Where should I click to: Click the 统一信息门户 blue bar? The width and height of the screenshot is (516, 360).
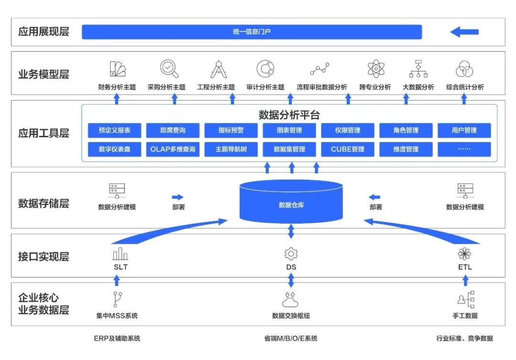point(252,32)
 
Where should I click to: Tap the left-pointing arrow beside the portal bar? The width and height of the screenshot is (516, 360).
point(464,32)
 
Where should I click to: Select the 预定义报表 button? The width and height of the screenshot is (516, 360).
point(115,130)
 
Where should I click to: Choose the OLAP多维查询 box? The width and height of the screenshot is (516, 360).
point(173,149)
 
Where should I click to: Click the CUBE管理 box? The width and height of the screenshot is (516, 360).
point(348,149)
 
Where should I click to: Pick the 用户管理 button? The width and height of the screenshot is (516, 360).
point(464,130)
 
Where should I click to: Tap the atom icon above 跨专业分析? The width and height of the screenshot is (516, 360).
point(376,69)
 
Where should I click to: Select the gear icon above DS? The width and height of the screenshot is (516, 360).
point(291,253)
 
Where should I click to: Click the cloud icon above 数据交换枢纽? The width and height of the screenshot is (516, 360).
point(290,300)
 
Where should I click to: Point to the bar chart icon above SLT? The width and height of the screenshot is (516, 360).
point(120,253)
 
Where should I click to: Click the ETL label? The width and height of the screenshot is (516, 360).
point(465,267)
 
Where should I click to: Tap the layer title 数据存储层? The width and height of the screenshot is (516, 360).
point(43,203)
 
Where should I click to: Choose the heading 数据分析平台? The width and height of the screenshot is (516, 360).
point(289,115)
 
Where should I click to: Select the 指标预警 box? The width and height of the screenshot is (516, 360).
point(231,130)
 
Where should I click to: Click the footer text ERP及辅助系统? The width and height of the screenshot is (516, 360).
point(117,338)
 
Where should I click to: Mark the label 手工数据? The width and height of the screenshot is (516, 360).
point(465,316)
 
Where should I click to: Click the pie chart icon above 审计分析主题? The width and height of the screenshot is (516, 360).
point(265,69)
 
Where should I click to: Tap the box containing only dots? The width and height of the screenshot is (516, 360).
point(464,149)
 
